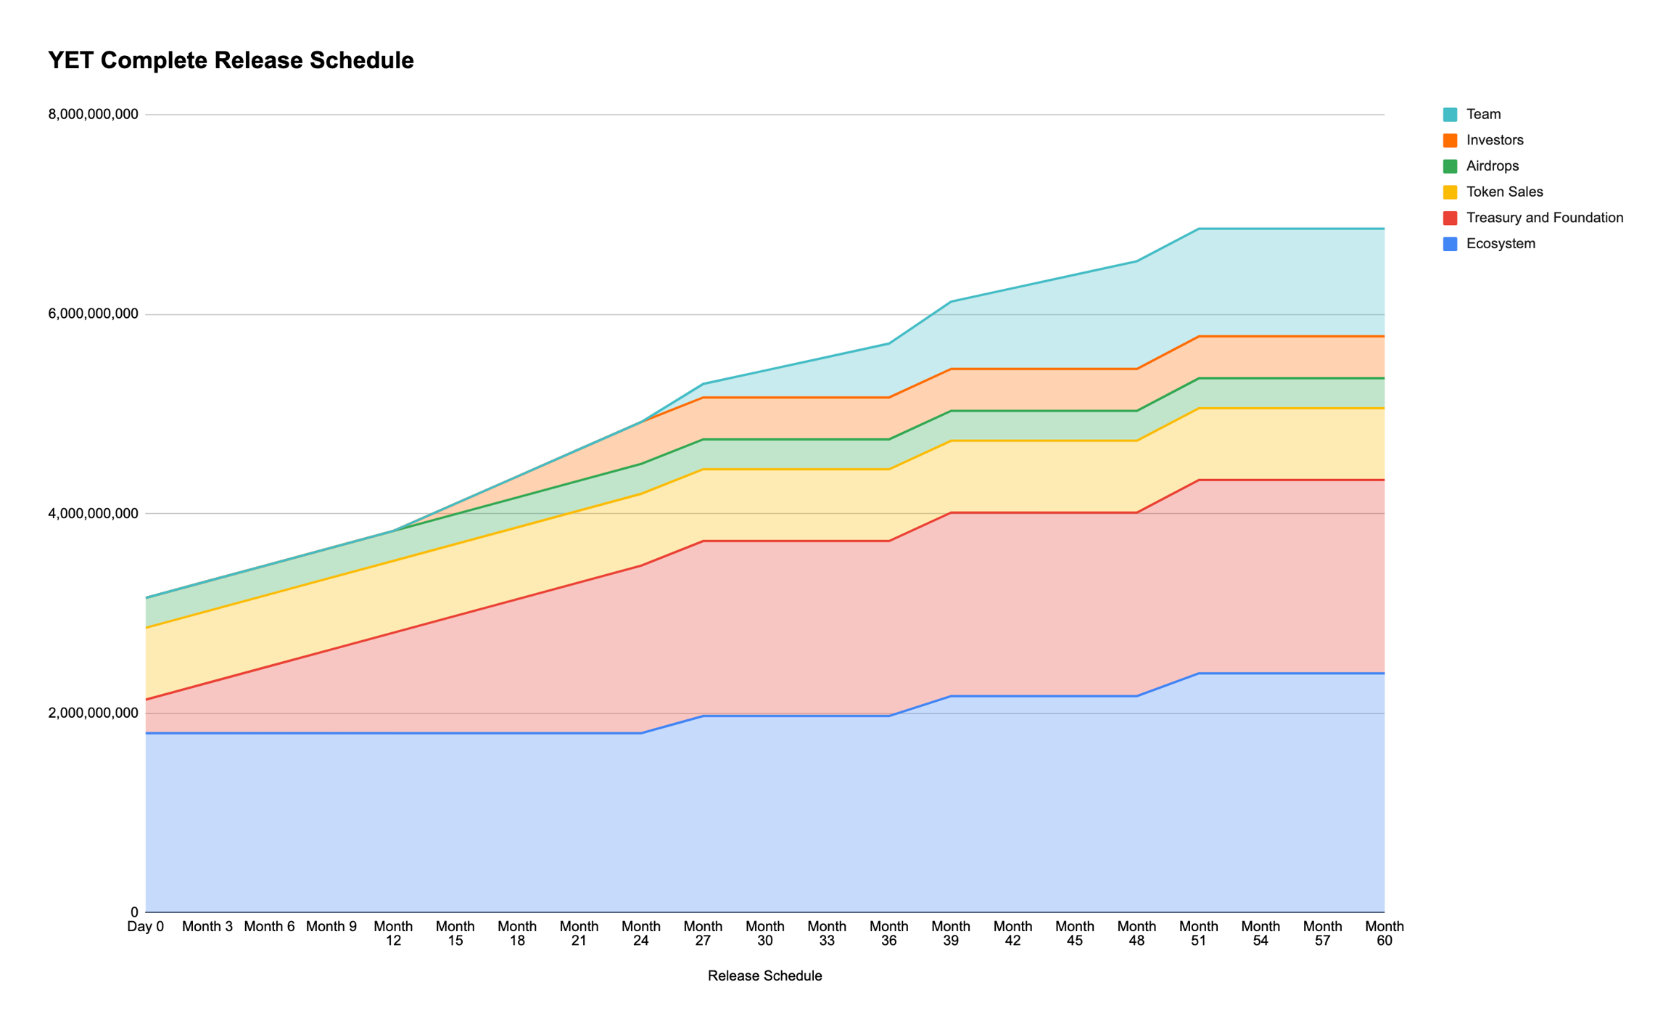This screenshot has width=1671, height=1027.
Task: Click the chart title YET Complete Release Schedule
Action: (x=231, y=60)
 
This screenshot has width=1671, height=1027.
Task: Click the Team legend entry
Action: (x=1483, y=114)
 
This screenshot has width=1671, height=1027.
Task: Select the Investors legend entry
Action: (x=1494, y=140)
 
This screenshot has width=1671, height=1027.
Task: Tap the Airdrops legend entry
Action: (x=1492, y=166)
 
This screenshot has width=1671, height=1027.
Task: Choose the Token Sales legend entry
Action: (x=1504, y=192)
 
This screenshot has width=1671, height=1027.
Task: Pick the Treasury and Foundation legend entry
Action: (x=1544, y=218)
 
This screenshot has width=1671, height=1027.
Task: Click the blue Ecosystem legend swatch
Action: (x=1451, y=244)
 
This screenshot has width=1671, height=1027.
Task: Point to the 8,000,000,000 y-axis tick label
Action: (x=93, y=115)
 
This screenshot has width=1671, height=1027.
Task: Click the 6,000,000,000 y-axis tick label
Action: (x=93, y=314)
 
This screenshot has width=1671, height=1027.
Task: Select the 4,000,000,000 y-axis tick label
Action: (x=93, y=514)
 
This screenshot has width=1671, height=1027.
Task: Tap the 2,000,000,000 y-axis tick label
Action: (x=93, y=713)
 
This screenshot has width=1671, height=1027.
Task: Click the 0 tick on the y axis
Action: (x=134, y=912)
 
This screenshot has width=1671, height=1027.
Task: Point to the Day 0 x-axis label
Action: (x=146, y=927)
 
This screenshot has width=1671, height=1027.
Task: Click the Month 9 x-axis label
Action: (x=331, y=927)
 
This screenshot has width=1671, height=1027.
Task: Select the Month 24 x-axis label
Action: (x=641, y=933)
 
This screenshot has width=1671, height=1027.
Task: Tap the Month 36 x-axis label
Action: (x=889, y=933)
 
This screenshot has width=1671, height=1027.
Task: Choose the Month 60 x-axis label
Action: (x=1385, y=933)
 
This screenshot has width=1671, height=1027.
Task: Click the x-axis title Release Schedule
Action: (x=764, y=976)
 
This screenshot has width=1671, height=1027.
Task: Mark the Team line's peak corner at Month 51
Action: (x=1199, y=229)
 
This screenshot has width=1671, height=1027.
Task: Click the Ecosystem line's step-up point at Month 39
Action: (x=951, y=696)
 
